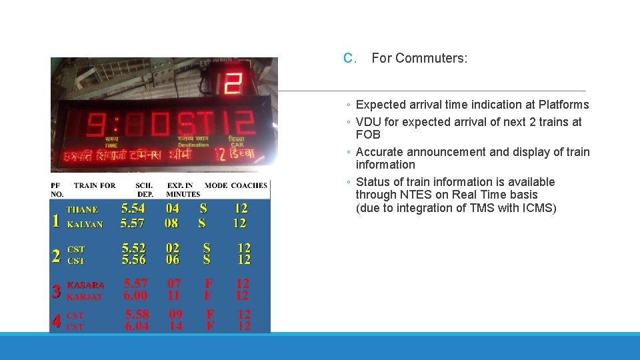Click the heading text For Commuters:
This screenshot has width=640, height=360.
419,59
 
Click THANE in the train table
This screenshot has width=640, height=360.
82,209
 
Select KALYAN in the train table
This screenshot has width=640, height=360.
85,225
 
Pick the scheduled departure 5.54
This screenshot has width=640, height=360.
133,209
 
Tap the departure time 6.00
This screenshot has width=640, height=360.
136,295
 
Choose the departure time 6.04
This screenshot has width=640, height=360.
137,326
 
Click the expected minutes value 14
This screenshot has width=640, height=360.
176,326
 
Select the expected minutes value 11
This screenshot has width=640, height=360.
174,295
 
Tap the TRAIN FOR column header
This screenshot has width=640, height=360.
95,185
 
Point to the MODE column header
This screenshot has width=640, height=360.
216,185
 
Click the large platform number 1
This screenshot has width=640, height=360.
56,221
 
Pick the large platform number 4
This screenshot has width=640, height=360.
57,321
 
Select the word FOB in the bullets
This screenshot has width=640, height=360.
368,135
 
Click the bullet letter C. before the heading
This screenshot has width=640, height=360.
351,59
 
